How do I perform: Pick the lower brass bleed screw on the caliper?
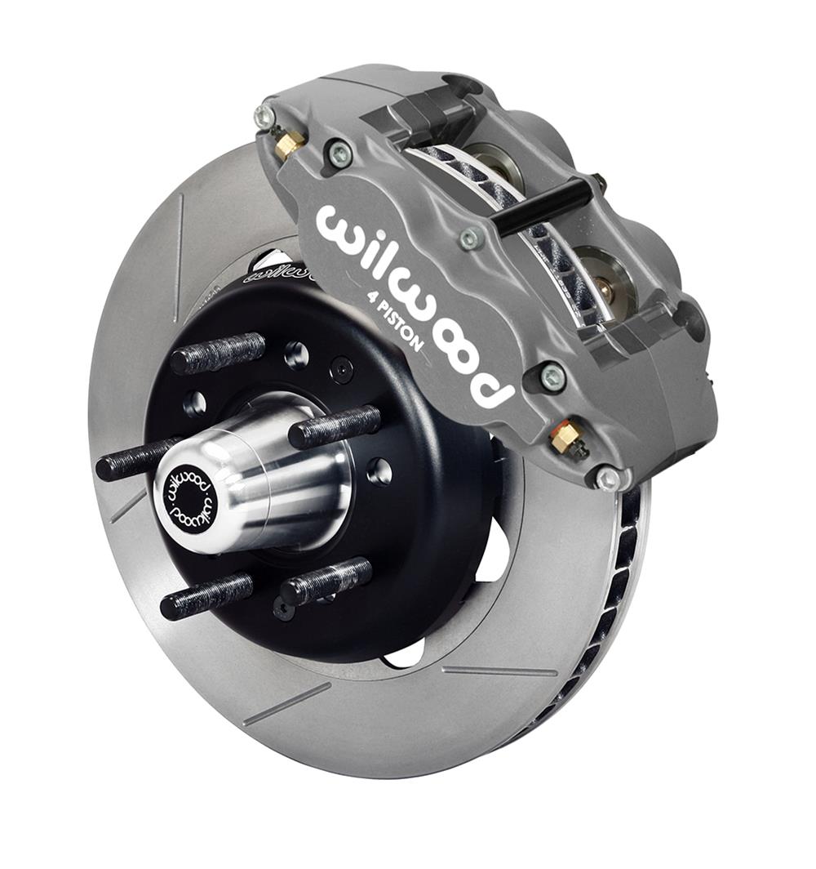tap(565, 439)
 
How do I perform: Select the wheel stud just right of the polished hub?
tap(335, 426)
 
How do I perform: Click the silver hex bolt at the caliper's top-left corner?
tap(265, 117)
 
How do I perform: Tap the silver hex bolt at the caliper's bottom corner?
tap(607, 479)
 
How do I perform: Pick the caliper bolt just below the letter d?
tap(552, 377)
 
